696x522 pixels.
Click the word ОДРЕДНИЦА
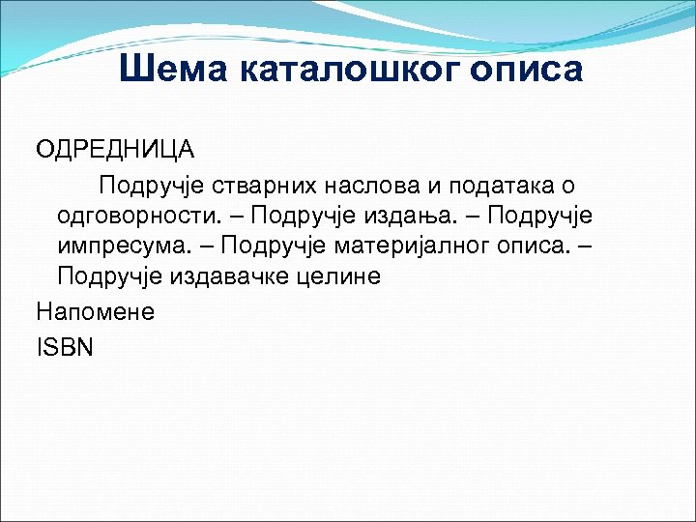point(115,150)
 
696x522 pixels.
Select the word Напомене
point(95,311)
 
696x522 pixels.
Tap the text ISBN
point(65,345)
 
